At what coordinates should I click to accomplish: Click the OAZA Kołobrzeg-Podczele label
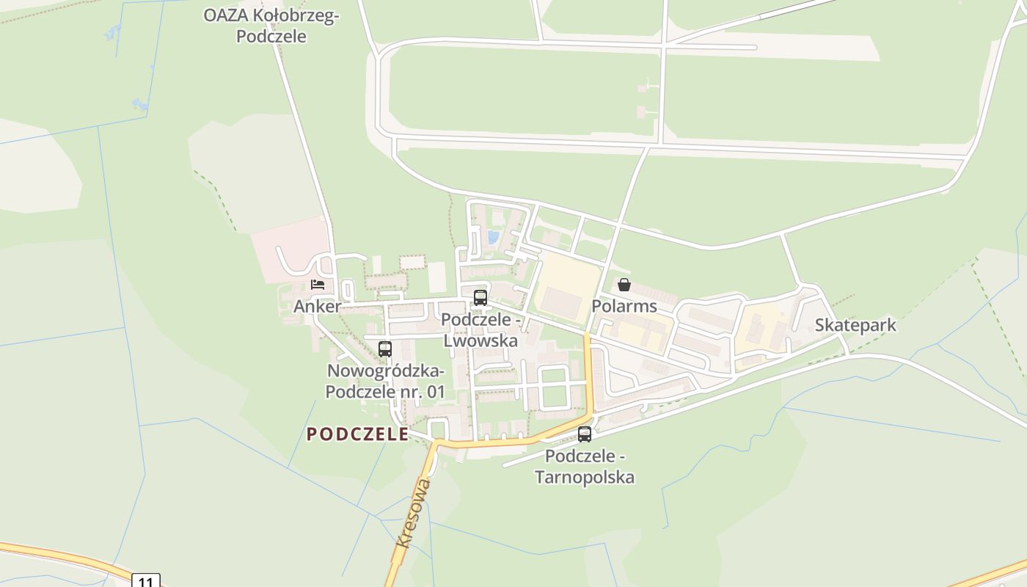tap(271, 26)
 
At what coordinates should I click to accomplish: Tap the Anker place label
tap(317, 307)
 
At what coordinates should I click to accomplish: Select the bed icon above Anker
tap(318, 284)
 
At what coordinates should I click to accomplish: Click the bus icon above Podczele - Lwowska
tap(480, 297)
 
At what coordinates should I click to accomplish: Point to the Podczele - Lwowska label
tap(480, 331)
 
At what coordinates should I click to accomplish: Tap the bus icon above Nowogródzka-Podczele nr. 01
tap(385, 349)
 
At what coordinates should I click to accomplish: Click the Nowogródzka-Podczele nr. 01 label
tap(385, 381)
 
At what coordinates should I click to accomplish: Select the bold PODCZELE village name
tap(357, 434)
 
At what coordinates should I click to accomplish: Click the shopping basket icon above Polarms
tap(624, 285)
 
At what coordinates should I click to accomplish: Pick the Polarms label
tap(624, 306)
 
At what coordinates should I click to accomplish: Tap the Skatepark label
tap(855, 325)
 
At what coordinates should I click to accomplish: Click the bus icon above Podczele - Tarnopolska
tap(585, 434)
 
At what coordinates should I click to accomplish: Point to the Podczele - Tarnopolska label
tap(585, 467)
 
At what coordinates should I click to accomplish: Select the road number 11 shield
tap(146, 581)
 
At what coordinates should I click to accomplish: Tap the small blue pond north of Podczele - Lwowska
tap(493, 237)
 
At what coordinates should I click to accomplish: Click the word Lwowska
tap(480, 341)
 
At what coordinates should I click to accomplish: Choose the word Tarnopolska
tap(585, 478)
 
